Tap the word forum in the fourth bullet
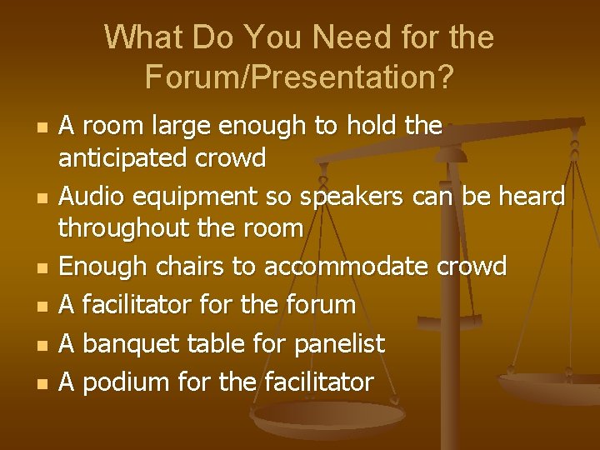[x=320, y=305]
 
